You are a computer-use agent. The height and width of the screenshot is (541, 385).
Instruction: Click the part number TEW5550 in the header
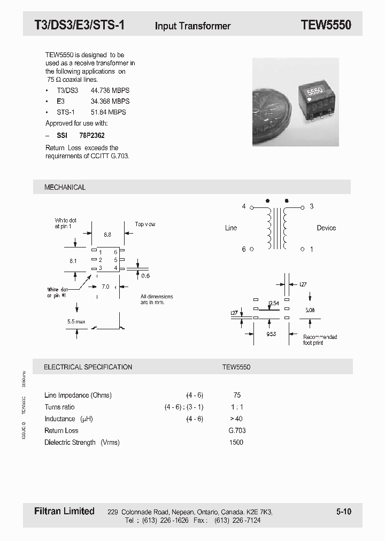pos(326,25)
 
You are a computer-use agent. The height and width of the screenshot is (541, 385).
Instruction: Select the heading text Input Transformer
pos(192,26)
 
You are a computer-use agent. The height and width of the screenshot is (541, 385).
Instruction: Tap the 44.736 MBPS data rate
pos(110,90)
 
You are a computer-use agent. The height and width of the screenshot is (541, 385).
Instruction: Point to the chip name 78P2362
pos(93,136)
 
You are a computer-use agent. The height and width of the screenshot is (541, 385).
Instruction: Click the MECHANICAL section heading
pos(65,187)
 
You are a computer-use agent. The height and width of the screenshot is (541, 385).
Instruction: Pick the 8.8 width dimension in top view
pos(107,235)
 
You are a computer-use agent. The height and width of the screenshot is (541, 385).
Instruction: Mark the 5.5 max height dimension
pos(76,322)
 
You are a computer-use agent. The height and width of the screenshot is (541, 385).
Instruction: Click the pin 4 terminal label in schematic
pos(244,206)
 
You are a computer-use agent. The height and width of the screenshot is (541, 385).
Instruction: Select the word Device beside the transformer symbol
pos(326,228)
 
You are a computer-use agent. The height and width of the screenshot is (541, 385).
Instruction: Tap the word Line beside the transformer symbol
pos(230,228)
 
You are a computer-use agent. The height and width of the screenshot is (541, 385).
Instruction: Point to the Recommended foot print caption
pos(320,339)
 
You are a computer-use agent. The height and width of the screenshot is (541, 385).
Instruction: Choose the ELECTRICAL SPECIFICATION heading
pos(88,367)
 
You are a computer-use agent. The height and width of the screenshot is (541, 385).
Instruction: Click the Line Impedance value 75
pos(237,395)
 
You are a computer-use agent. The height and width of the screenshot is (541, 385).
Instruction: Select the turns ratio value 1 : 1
pos(237,407)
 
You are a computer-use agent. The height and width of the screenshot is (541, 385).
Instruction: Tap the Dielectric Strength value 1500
pos(236,442)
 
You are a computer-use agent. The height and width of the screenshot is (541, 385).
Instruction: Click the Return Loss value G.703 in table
pos(237,430)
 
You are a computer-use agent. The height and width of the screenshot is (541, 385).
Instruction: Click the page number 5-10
pos(344,512)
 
